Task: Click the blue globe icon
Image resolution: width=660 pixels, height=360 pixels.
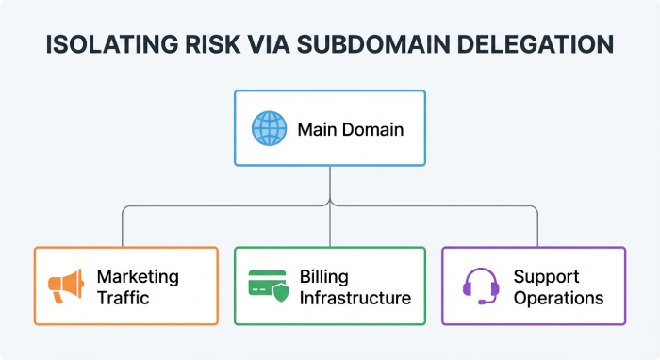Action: [269, 127]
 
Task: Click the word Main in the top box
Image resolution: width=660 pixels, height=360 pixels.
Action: [316, 128]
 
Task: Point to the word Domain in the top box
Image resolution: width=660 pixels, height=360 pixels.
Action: [371, 128]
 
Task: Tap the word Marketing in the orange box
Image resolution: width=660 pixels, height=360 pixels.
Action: [138, 276]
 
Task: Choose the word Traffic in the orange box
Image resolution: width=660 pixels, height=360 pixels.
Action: [123, 298]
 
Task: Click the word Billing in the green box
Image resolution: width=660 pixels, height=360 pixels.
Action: [323, 276]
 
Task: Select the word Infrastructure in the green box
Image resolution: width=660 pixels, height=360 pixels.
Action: [355, 298]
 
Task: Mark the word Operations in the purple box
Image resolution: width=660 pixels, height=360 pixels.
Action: [558, 298]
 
